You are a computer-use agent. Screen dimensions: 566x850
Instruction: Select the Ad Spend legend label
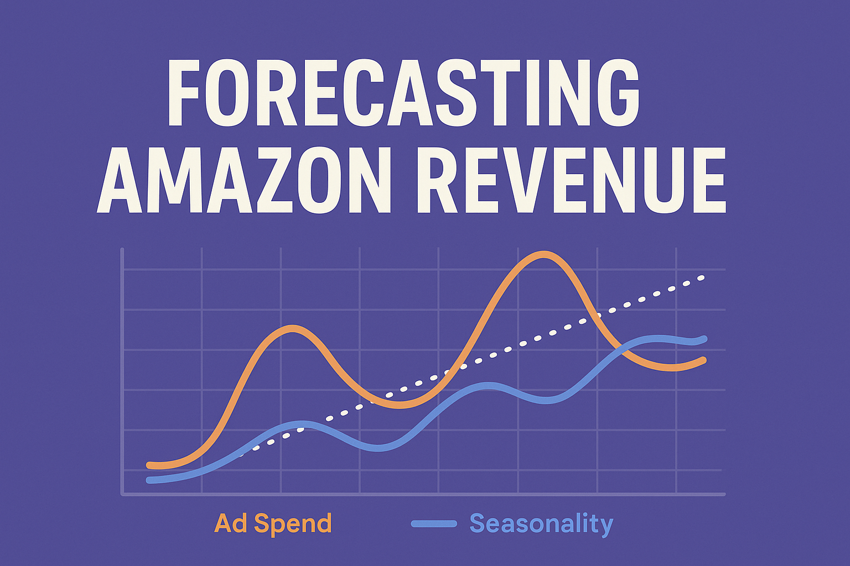pyautogui.click(x=273, y=523)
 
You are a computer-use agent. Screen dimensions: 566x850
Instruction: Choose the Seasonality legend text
pyautogui.click(x=541, y=523)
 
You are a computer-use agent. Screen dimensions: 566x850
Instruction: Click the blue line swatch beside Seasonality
pyautogui.click(x=434, y=523)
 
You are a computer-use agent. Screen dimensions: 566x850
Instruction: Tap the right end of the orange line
pyautogui.click(x=703, y=360)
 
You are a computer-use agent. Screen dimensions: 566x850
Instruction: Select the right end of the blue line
pyautogui.click(x=704, y=339)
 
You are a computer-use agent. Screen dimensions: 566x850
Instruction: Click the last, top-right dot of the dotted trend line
pyautogui.click(x=701, y=277)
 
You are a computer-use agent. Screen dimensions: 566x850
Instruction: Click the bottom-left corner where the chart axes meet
pyautogui.click(x=122, y=494)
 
